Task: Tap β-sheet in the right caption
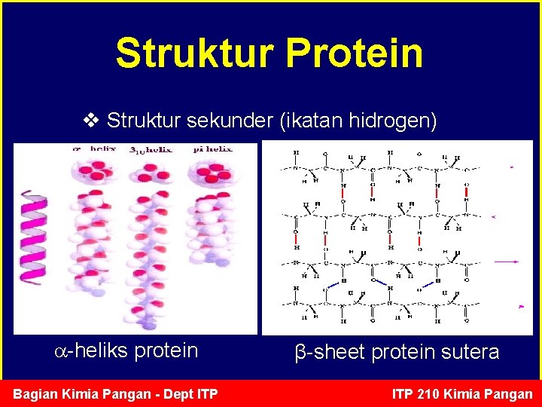(x=325, y=352)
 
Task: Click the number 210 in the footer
(x=435, y=393)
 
